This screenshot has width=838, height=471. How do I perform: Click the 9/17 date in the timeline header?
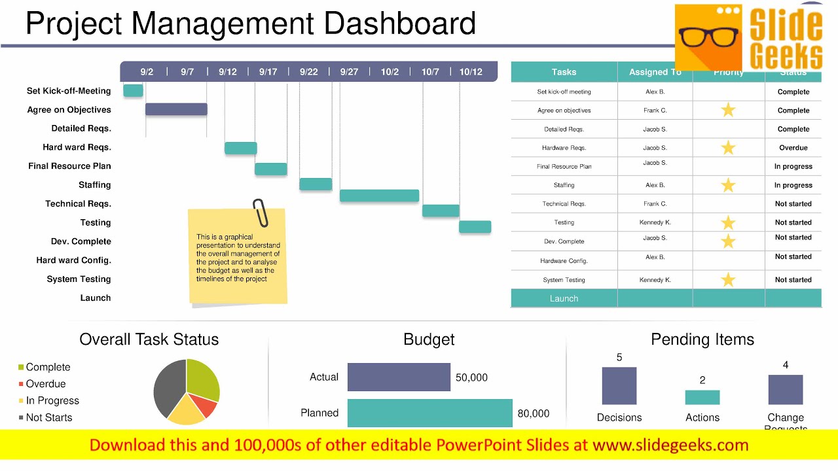[x=268, y=72]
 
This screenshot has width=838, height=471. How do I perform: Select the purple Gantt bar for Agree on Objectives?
[x=176, y=109]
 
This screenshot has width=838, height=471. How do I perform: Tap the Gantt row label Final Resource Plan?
[x=69, y=166]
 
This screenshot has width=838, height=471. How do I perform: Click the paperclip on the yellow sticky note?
[x=261, y=213]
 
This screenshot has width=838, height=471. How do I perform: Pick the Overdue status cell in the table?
[x=793, y=148]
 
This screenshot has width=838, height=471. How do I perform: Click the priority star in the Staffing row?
[x=728, y=185]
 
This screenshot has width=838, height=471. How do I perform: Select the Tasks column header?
[x=564, y=72]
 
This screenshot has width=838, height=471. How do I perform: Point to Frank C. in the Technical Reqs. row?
[x=655, y=203]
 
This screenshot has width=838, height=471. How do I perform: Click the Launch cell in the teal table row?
[x=564, y=298]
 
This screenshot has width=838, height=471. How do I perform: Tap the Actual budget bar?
[x=399, y=377]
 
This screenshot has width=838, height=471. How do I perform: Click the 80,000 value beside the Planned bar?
[x=534, y=413]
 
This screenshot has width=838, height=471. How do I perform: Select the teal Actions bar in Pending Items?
[x=702, y=397]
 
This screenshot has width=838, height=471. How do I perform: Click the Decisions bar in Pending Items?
[x=619, y=386]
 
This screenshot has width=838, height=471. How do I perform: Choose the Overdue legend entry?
[x=45, y=384]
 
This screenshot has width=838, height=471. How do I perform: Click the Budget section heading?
[x=429, y=340]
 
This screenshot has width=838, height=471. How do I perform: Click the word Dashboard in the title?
[x=399, y=24]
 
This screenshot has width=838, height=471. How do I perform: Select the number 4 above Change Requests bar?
[x=786, y=365]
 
